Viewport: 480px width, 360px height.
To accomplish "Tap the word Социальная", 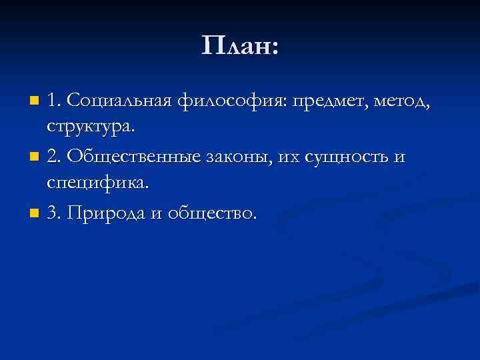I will pyautogui.click(x=121, y=101).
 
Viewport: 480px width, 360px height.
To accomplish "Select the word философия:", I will pyautogui.click(x=227, y=101).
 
